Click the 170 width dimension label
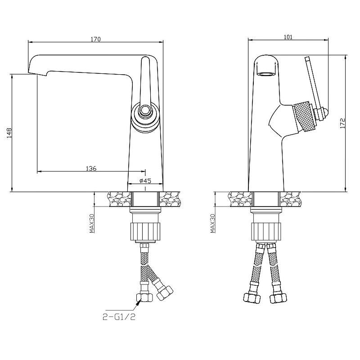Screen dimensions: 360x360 (95, 39)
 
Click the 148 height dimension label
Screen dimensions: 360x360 (9, 133)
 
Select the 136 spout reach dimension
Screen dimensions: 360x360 (91, 168)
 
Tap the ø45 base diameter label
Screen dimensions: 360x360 (145, 181)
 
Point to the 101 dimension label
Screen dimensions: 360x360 (288, 37)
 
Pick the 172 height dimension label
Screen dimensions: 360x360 (342, 123)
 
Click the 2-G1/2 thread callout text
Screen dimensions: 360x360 (119, 317)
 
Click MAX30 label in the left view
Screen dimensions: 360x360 (92, 223)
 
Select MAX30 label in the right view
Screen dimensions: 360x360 (212, 223)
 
